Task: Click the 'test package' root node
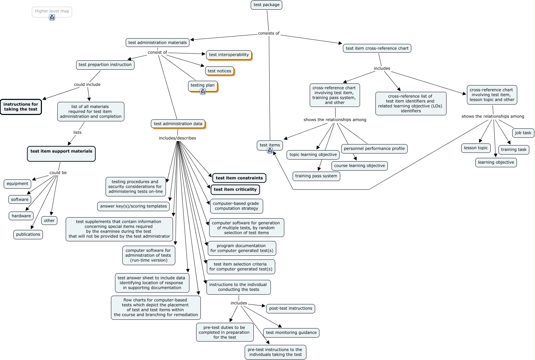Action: (266, 5)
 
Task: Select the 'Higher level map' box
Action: (52, 12)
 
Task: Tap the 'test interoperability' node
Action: (229, 55)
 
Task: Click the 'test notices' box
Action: (219, 71)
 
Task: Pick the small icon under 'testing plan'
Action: (203, 92)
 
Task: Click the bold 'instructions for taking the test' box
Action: (21, 107)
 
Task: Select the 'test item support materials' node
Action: (61, 154)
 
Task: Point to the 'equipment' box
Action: (17, 184)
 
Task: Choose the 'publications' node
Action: (28, 234)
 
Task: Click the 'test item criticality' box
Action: (235, 189)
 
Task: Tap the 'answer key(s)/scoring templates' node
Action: (133, 206)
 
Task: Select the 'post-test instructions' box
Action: (290, 308)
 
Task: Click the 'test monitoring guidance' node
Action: (291, 333)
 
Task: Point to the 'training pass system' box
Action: (316, 176)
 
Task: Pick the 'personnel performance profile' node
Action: (374, 148)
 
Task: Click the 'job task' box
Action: (523, 133)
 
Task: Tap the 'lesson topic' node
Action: (476, 148)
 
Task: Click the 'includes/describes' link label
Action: (177, 138)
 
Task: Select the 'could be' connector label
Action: (58, 173)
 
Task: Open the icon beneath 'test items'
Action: (270, 151)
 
